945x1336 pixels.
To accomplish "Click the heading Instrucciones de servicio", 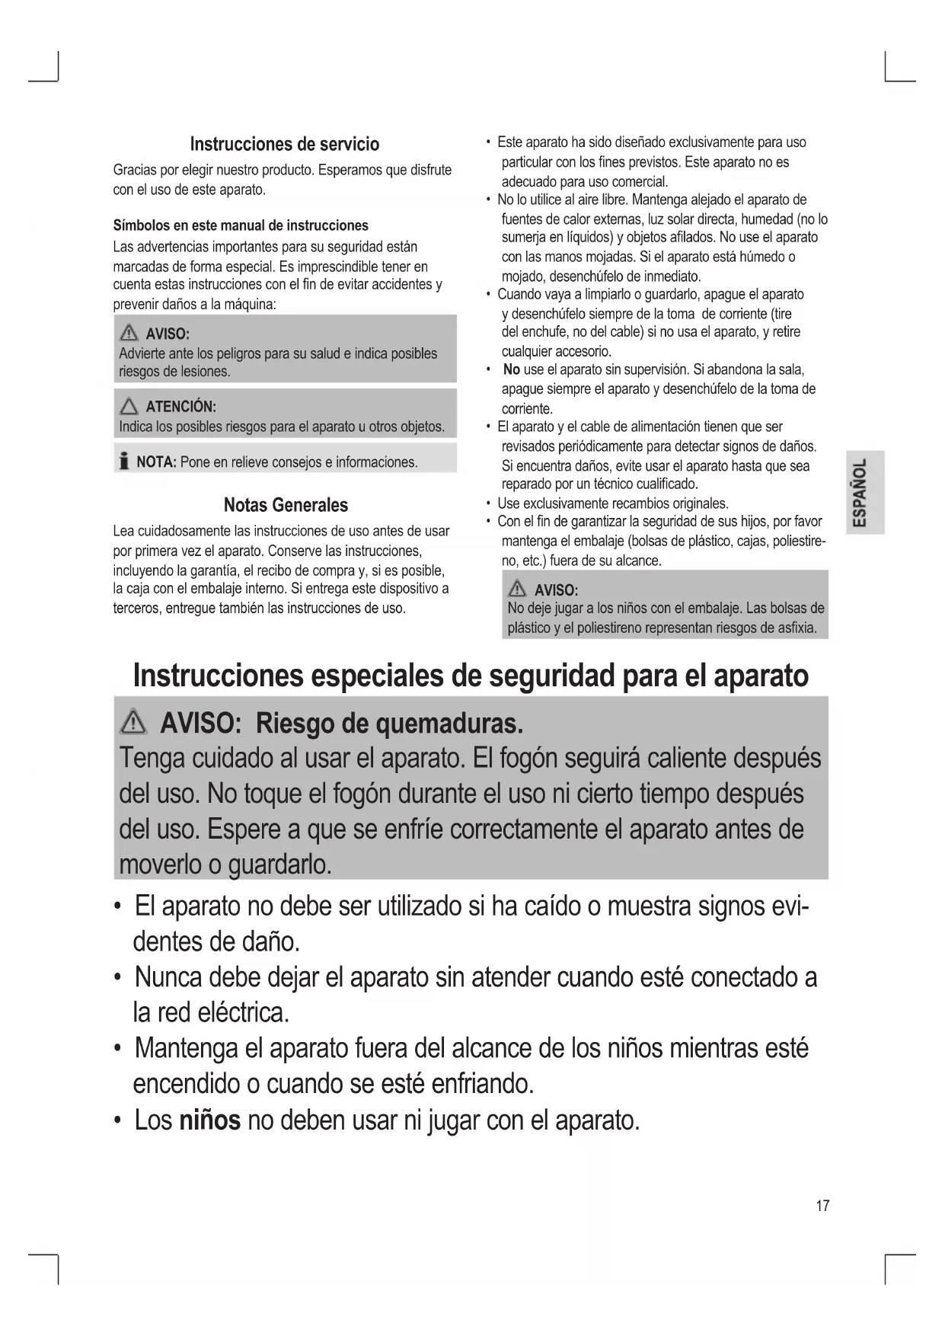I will pos(284,144).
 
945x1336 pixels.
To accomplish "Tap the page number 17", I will pos(822,1205).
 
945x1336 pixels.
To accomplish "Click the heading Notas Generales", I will pos(286,505).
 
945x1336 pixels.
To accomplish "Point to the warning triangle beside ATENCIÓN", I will pos(129,406).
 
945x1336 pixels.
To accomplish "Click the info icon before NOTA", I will pos(123,462).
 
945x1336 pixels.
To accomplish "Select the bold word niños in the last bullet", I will pos(210,1120).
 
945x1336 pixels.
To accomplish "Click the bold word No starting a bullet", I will pos(512,369).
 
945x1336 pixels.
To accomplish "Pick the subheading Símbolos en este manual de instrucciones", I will pos(241,225).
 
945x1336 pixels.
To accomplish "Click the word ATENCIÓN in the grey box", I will pos(180,406).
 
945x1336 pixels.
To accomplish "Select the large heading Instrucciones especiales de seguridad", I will pos(471,675).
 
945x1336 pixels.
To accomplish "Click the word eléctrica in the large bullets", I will pos(243,1012).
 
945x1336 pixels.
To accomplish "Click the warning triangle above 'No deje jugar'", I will pos(518,589).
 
